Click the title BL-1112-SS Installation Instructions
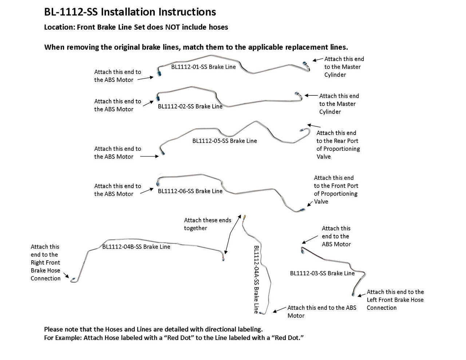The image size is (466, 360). tap(130, 12)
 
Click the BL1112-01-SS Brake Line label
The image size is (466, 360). tap(203, 67)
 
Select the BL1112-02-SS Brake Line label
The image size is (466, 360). tap(190, 107)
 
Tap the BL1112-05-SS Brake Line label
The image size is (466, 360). tap(224, 141)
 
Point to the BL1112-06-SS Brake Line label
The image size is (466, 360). tap(190, 191)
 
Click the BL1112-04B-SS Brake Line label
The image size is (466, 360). tap(136, 247)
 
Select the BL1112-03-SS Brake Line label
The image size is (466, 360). tap(322, 273)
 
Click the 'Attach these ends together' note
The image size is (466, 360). tap(208, 224)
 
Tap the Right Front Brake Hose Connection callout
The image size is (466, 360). tap(46, 262)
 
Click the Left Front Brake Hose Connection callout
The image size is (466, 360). tap(395, 300)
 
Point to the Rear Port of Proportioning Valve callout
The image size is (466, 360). tap(338, 145)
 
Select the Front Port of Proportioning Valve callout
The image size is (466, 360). tap(336, 190)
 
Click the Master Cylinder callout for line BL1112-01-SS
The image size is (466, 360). tap(344, 67)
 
